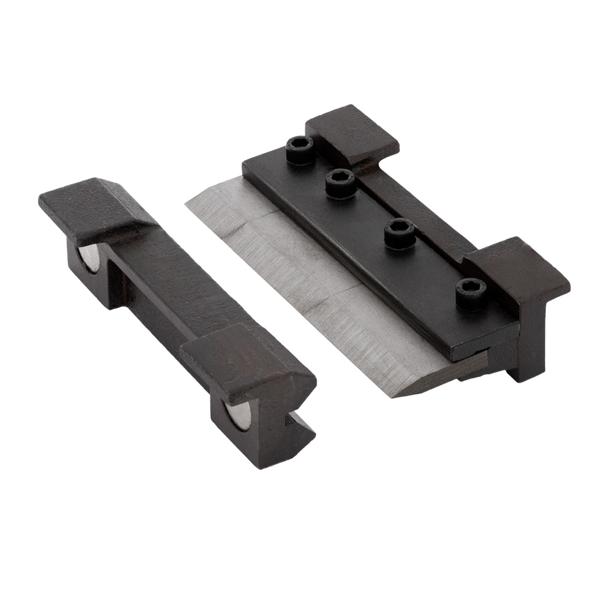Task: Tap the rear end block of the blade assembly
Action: pyautogui.click(x=352, y=135)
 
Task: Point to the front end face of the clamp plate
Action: pyautogui.click(x=484, y=346)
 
